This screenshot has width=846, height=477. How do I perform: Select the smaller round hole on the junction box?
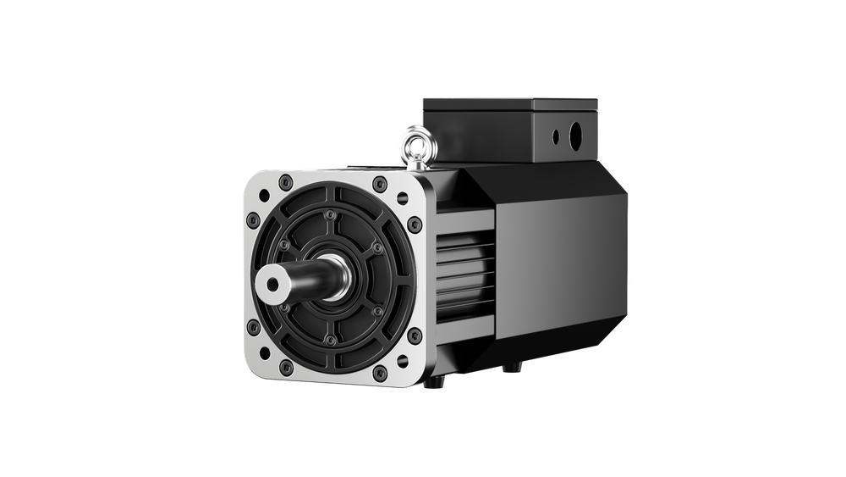point(557,136)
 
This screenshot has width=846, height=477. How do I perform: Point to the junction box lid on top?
point(511,105)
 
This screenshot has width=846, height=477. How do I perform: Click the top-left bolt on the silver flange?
point(285,180)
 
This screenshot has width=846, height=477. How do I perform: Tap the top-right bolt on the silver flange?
point(380,184)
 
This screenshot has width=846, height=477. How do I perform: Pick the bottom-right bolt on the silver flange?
point(380,373)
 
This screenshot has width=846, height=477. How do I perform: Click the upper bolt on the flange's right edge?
point(415,225)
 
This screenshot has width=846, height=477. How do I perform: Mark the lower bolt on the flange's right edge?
point(415,336)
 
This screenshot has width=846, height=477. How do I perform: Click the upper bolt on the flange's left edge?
point(253,219)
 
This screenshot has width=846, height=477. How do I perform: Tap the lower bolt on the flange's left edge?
point(253,327)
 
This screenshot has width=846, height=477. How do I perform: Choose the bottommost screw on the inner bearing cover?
point(331,340)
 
